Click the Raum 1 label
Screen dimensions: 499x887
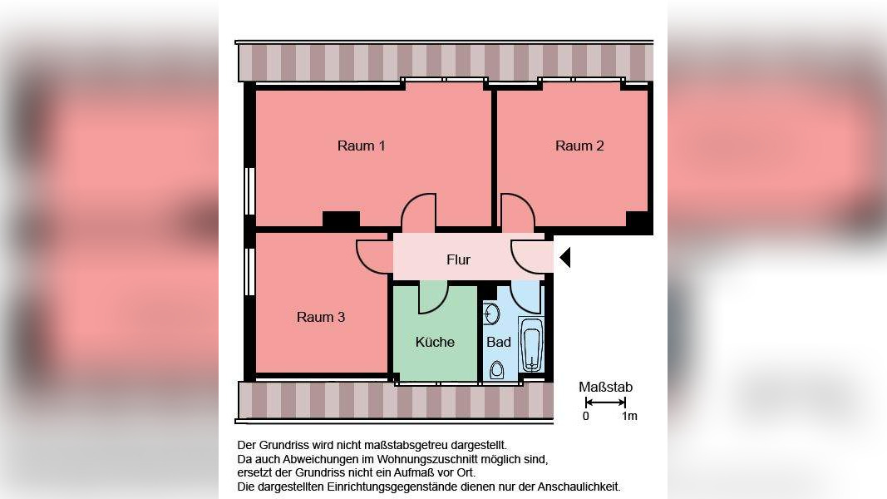[x=361, y=146]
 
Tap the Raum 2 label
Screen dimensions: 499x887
[x=579, y=146]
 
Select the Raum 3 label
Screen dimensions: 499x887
[x=321, y=317]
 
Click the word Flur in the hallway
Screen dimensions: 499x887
[x=458, y=259]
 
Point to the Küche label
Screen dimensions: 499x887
[x=435, y=342]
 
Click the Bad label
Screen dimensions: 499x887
[x=499, y=342]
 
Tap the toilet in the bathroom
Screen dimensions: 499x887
[x=497, y=369]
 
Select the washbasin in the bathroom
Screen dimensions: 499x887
[x=491, y=314]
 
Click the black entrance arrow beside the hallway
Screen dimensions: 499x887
[x=564, y=258]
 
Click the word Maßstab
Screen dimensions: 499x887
[x=605, y=387]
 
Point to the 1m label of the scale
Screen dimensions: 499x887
[x=629, y=416]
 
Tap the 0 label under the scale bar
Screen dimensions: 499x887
[x=585, y=416]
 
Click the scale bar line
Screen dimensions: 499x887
[x=605, y=403]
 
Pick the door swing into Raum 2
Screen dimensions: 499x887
[x=515, y=212]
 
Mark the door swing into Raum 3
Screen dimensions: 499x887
[x=374, y=255]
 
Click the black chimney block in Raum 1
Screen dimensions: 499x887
[x=341, y=220]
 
